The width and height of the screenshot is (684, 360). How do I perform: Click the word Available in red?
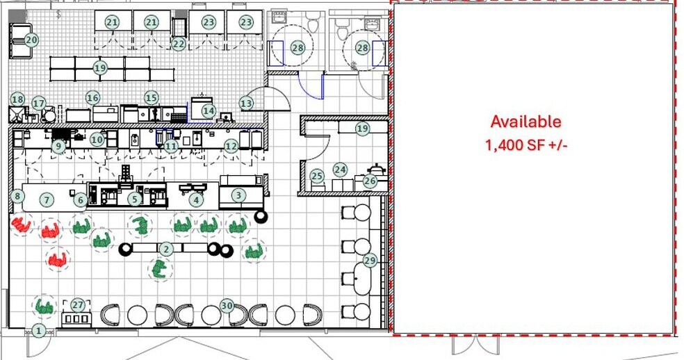tap(526, 122)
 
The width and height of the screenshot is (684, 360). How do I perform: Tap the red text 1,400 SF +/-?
tap(526, 146)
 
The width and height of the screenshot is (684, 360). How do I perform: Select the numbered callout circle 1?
tap(39, 331)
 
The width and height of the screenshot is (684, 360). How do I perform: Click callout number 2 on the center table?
tap(166, 249)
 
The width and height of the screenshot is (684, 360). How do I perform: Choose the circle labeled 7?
tap(47, 200)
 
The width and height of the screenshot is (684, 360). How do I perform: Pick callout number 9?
tap(59, 146)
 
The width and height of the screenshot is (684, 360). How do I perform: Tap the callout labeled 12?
tap(231, 146)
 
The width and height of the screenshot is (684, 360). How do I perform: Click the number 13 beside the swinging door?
tap(246, 104)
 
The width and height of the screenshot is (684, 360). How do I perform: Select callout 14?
tap(209, 111)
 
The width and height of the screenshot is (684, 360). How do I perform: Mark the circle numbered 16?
tap(92, 98)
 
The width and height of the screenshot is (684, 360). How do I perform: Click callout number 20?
tap(31, 40)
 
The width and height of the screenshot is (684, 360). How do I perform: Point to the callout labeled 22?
tap(179, 44)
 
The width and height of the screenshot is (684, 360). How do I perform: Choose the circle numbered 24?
tap(340, 169)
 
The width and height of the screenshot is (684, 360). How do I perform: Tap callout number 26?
tap(369, 181)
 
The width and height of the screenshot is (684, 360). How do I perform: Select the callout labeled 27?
tap(78, 305)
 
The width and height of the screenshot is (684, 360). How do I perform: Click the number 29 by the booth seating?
tap(370, 261)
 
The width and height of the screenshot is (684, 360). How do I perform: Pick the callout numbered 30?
tap(227, 305)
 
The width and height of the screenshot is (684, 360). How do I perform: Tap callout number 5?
tap(135, 199)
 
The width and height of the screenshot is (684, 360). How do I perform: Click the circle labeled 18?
tap(17, 99)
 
